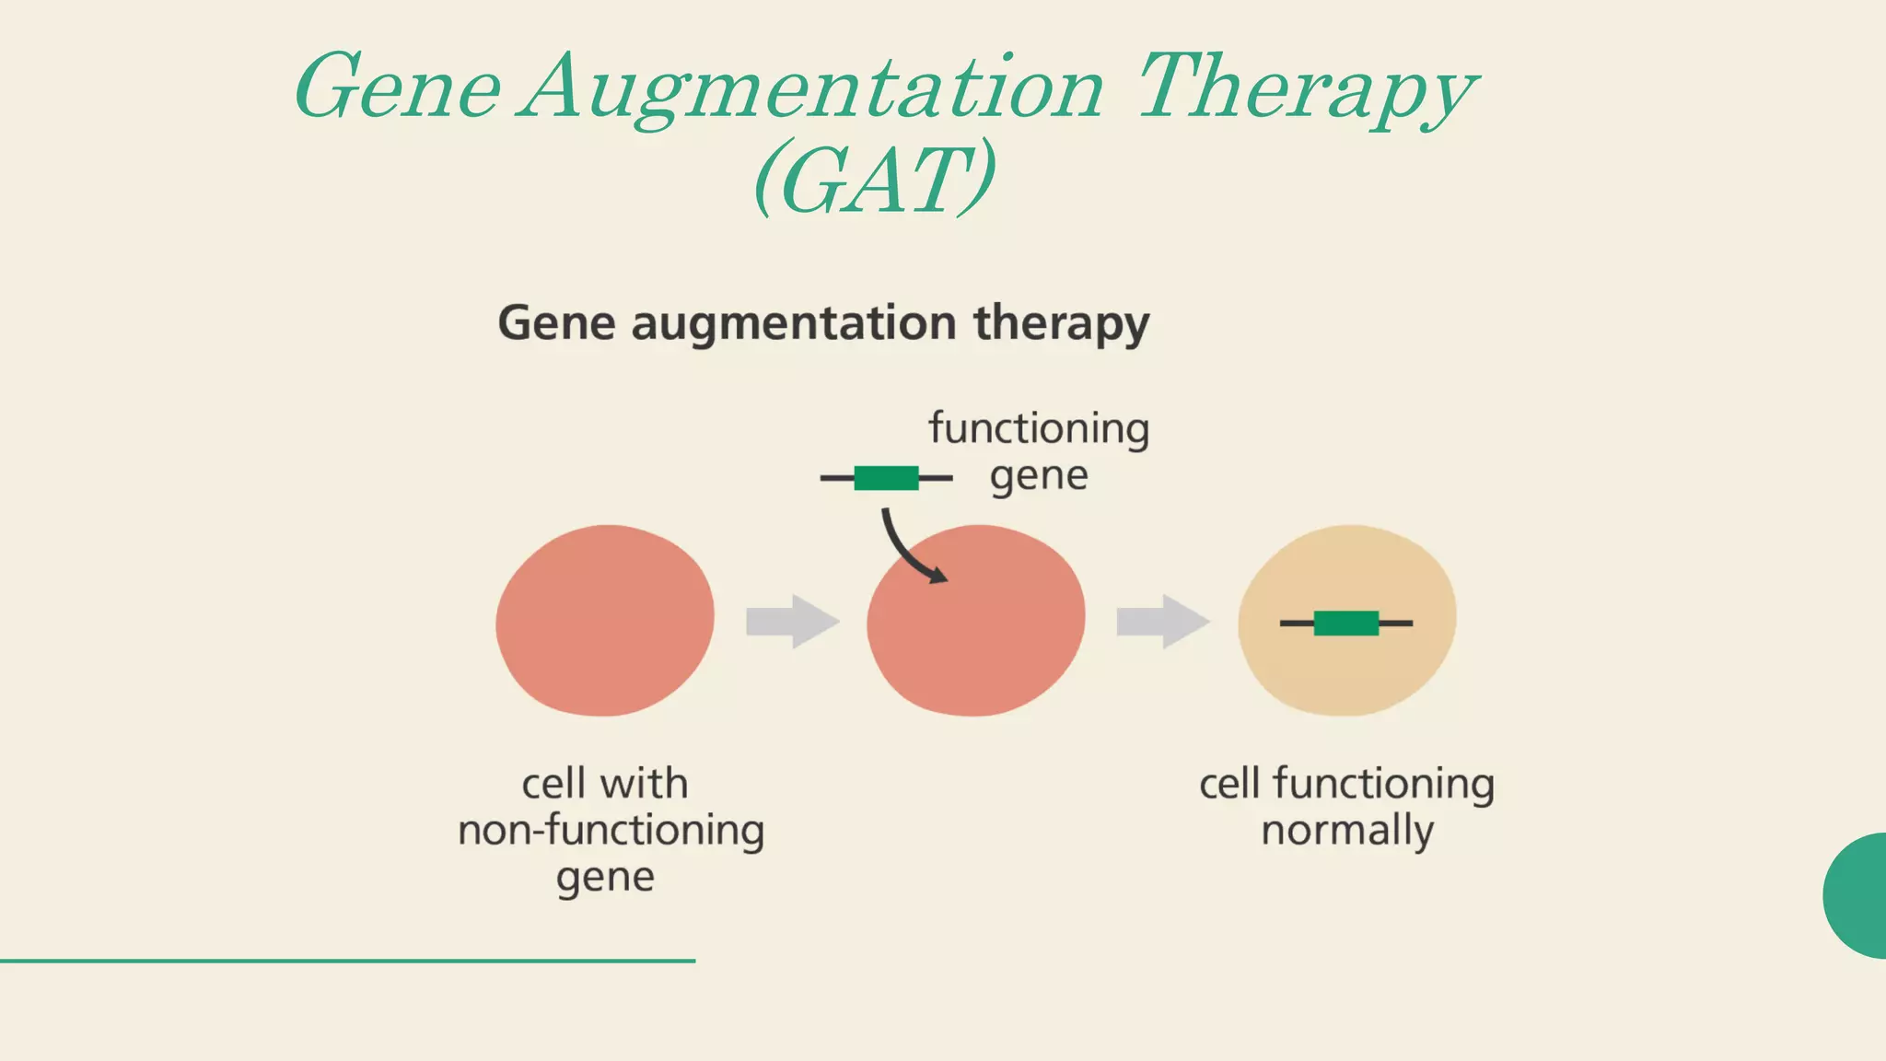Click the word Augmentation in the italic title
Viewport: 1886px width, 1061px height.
click(810, 89)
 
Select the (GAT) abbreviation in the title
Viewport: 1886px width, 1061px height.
click(874, 179)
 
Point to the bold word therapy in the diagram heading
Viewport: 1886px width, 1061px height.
click(1062, 324)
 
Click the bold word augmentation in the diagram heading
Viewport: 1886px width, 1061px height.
click(793, 324)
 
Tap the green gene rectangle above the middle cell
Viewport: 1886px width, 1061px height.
click(886, 478)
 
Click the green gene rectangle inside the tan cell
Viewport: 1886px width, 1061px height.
click(1345, 624)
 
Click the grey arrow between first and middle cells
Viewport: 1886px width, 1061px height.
click(792, 622)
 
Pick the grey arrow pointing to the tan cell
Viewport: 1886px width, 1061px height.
click(1162, 622)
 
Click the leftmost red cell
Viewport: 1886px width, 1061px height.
click(604, 621)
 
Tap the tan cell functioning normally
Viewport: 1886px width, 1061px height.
click(1346, 663)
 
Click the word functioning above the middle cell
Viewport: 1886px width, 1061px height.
click(1039, 429)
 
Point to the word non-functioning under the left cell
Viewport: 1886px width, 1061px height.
click(611, 831)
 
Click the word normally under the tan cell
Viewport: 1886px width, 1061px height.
click(1346, 831)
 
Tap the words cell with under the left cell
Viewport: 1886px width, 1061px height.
click(604, 784)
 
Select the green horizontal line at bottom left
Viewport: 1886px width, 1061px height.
click(347, 961)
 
